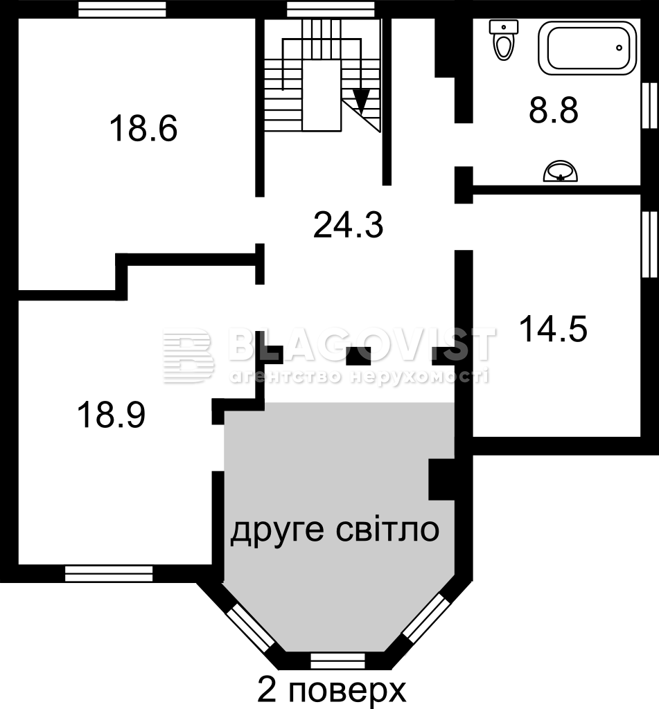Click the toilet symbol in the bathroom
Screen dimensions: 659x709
(x=504, y=40)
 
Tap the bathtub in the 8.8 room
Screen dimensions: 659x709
(x=588, y=48)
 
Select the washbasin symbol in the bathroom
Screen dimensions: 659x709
(x=561, y=171)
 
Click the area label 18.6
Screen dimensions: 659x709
(x=143, y=128)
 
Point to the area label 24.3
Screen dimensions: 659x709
(x=348, y=225)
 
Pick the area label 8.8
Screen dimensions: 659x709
(x=554, y=110)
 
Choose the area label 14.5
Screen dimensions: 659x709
(x=553, y=329)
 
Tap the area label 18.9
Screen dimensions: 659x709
(x=112, y=415)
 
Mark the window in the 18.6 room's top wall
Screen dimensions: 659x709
(x=122, y=10)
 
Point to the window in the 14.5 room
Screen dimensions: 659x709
(x=650, y=244)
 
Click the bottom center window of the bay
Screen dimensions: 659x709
(x=337, y=661)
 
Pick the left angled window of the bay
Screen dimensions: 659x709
(x=250, y=625)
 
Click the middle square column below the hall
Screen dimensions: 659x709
(x=358, y=356)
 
